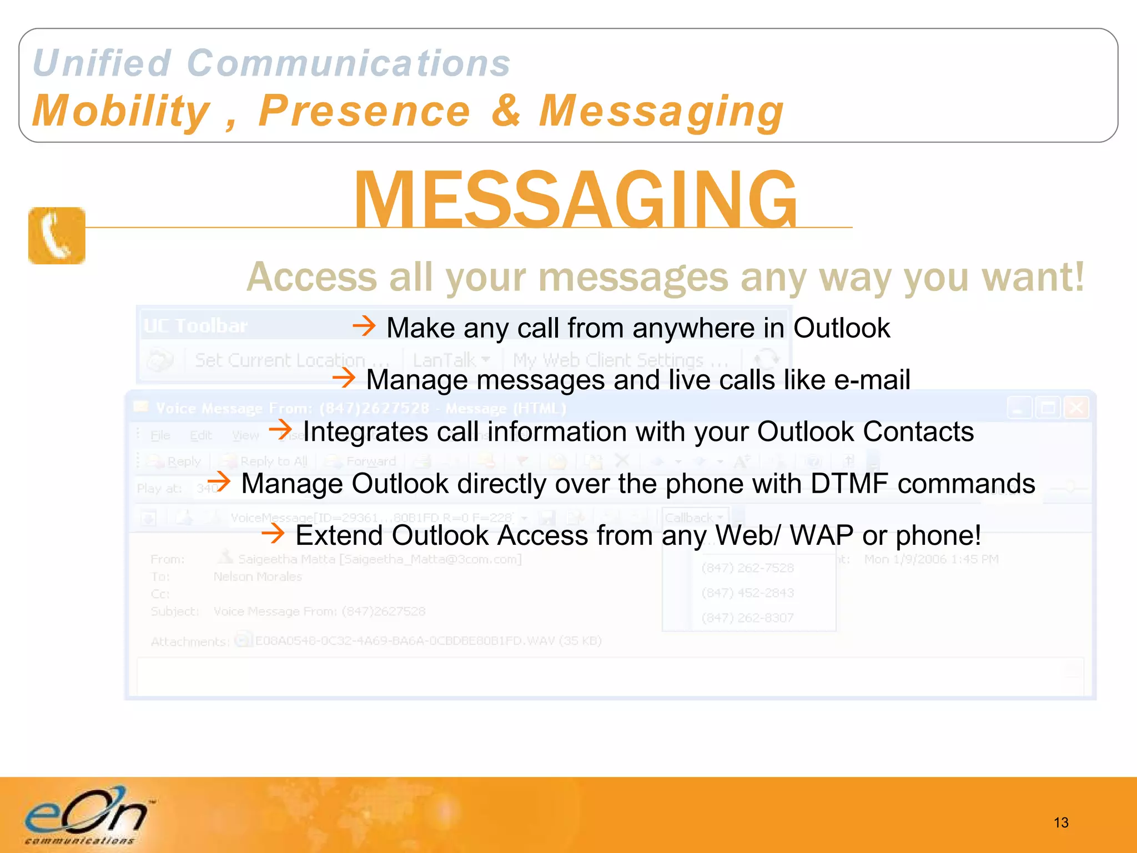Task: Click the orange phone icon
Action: [x=57, y=235]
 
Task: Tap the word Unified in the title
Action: [x=102, y=63]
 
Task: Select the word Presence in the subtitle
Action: [x=365, y=111]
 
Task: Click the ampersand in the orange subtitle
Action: [x=506, y=111]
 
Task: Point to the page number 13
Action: [x=1060, y=822]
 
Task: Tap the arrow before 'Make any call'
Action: [x=364, y=325]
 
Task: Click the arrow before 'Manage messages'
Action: [x=344, y=378]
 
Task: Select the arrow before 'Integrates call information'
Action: [x=280, y=429]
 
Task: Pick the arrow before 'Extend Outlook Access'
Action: [x=273, y=534]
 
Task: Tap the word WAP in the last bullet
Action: [x=822, y=535]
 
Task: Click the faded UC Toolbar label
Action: [x=195, y=325]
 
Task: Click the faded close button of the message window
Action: [x=1076, y=408]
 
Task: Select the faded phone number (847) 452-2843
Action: [x=747, y=593]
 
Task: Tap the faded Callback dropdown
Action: [x=694, y=518]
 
